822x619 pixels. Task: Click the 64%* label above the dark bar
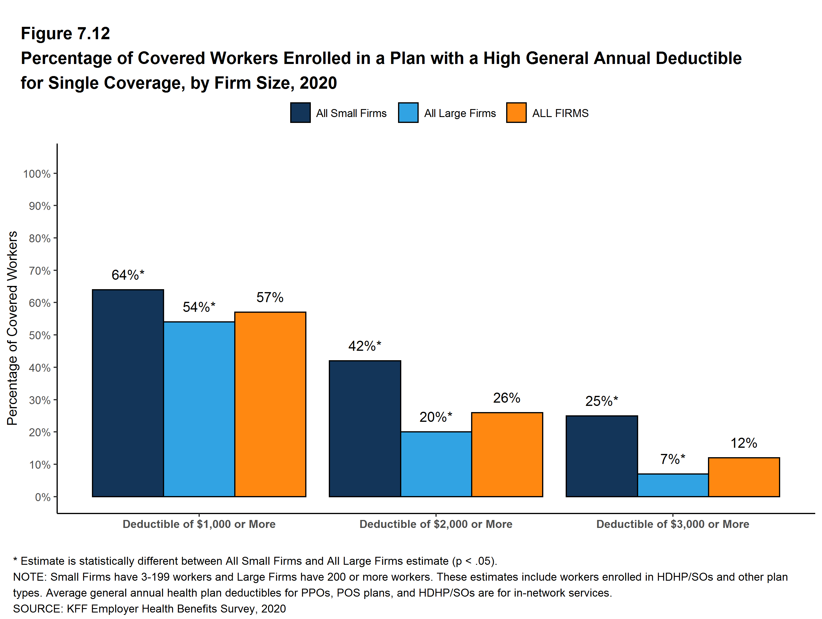click(x=128, y=275)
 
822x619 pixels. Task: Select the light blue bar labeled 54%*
click(x=199, y=409)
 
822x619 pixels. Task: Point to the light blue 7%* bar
click(x=673, y=485)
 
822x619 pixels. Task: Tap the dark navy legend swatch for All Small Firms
click(x=300, y=113)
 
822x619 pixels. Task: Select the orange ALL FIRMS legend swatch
click(x=516, y=113)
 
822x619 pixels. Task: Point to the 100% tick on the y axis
click(x=37, y=174)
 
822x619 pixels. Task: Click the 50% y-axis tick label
click(x=39, y=335)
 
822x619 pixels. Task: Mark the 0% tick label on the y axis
click(x=42, y=497)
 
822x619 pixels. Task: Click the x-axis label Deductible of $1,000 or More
click(x=199, y=524)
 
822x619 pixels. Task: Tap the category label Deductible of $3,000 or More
click(x=673, y=524)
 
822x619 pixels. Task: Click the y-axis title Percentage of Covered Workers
click(x=12, y=328)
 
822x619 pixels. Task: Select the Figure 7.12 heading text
click(x=65, y=34)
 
